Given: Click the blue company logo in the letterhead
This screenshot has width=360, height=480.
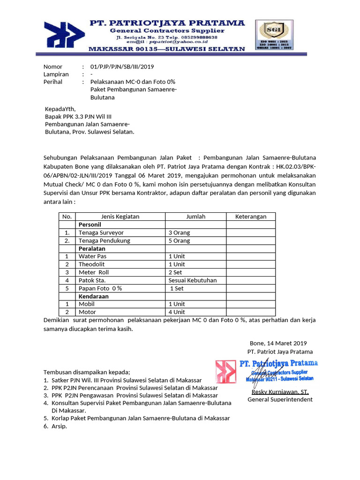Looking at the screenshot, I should tap(65, 37).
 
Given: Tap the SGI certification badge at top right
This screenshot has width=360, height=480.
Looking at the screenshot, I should tap(274, 35).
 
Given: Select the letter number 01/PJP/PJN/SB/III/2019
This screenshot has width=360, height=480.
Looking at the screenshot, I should tap(119, 67).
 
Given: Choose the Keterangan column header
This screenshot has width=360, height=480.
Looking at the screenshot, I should tap(250, 217).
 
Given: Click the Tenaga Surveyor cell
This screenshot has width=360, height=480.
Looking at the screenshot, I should tap(101, 232).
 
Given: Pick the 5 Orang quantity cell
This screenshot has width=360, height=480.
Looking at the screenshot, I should tap(179, 240).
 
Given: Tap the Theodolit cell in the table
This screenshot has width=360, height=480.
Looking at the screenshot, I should tap(91, 264).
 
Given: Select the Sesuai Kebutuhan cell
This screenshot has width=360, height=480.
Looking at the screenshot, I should tap(192, 280).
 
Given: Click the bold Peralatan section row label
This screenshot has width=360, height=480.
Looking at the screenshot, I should tap(92, 248).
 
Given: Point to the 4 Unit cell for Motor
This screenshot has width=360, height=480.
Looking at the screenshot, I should tap(177, 312).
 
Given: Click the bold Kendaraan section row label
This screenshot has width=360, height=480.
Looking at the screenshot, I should tap(94, 296).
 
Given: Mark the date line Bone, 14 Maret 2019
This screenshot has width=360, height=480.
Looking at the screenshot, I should tap(278, 343).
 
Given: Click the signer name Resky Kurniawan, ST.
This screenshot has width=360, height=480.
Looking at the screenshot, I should tap(280, 392).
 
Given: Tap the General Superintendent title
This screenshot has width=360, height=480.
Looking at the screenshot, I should tap(280, 399).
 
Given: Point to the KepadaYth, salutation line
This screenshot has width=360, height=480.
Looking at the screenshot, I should tap(60, 109).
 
